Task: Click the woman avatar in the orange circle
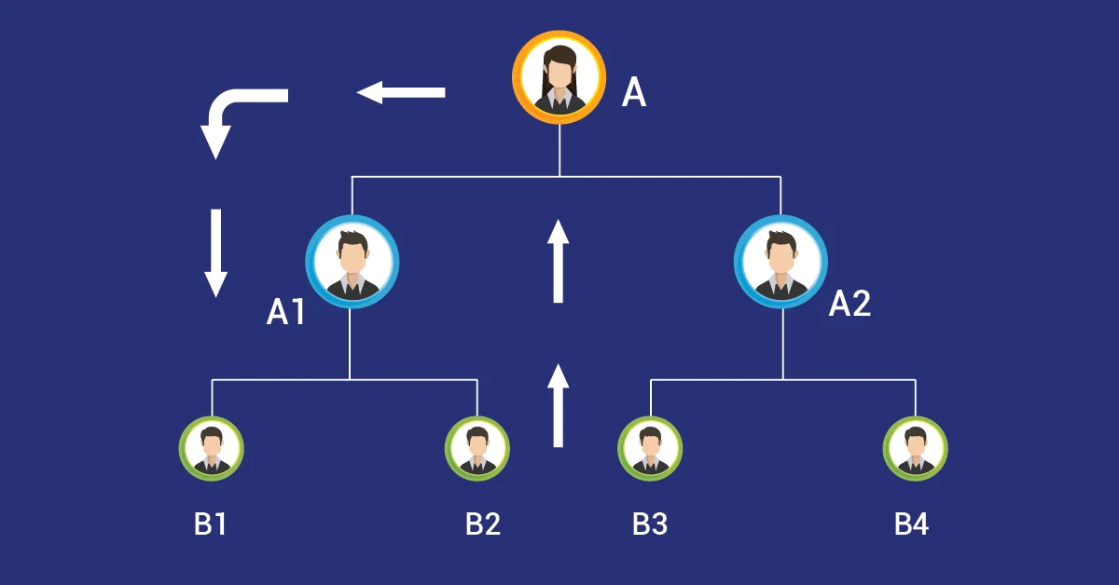point(558,77)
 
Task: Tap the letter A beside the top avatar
point(634,93)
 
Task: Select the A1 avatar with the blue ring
point(352,262)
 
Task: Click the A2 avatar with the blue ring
point(781,262)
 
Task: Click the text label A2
point(850,304)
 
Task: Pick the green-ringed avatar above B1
point(212,448)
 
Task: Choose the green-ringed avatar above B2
point(477,448)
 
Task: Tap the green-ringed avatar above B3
point(650,448)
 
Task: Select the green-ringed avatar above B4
point(916,448)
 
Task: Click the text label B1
point(210,524)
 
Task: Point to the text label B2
point(483,524)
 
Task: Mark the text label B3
point(650,524)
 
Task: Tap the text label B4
point(911,524)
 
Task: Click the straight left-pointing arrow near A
point(401,92)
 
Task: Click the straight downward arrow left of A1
point(215,252)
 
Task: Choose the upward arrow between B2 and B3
point(558,405)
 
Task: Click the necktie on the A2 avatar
point(781,284)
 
